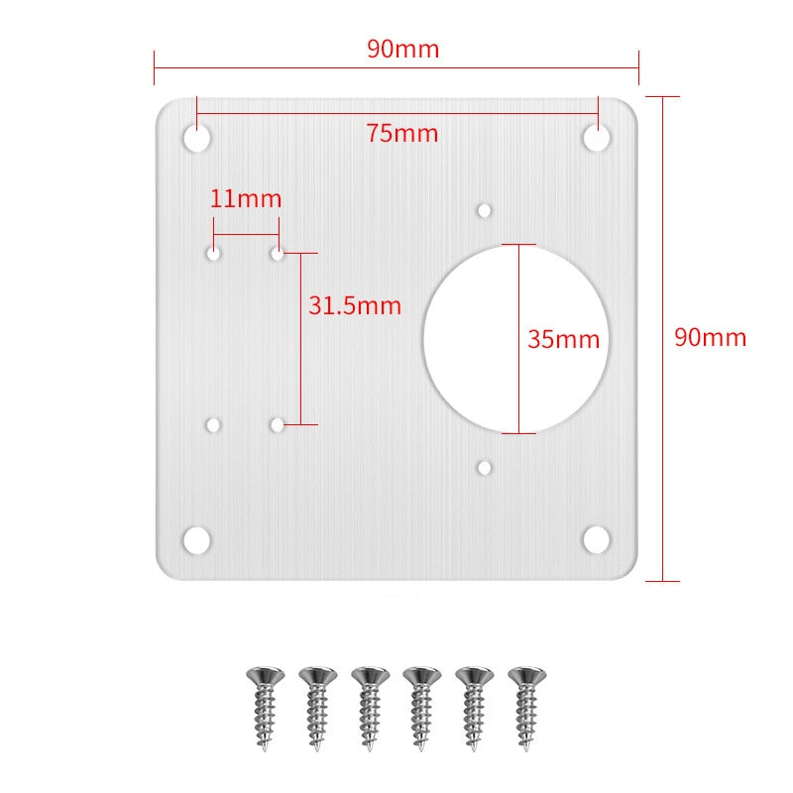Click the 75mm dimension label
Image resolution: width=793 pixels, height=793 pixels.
[x=401, y=134]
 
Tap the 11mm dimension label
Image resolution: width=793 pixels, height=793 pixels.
[x=246, y=198]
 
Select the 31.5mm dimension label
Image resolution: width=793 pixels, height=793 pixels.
[x=355, y=306]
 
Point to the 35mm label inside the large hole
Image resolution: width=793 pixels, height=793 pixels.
[x=563, y=339]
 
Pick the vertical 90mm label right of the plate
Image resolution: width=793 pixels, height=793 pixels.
[x=710, y=337]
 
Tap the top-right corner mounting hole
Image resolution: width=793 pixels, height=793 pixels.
[x=596, y=138]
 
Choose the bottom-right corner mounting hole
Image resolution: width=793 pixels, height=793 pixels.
[x=596, y=540]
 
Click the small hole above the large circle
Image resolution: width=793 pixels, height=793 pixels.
[x=485, y=210]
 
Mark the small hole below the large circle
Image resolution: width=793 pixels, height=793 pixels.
[x=485, y=466]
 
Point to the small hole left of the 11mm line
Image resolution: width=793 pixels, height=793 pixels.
[x=213, y=255]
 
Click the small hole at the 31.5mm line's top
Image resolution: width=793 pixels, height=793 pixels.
[x=278, y=255]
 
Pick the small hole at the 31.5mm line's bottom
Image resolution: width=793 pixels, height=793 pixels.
[x=278, y=425]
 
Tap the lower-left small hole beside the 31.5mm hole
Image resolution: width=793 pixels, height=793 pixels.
[x=213, y=425]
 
